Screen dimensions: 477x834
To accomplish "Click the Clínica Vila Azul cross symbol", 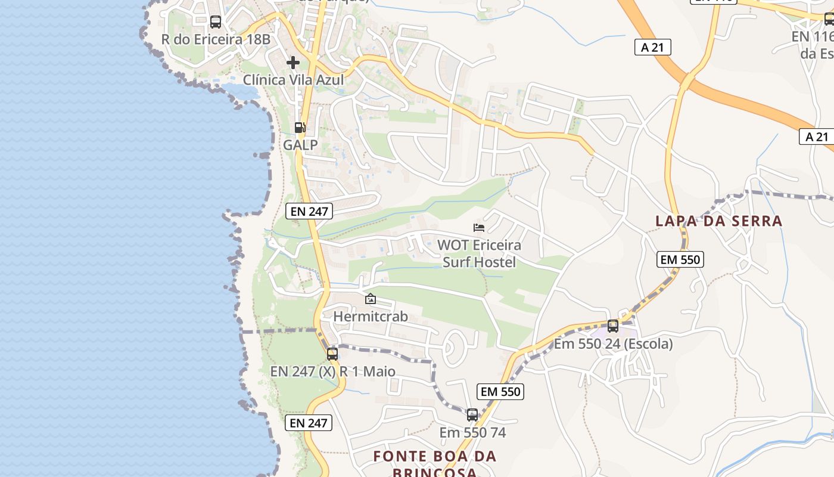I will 293,62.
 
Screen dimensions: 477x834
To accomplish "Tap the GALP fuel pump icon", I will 300,127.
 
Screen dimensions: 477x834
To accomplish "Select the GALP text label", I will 300,145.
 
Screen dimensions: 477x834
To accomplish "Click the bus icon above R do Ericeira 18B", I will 216,22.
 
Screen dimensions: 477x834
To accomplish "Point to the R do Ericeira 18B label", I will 216,40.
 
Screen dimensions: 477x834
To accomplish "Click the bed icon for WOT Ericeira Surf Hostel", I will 479,227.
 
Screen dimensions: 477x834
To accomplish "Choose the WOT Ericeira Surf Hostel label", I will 479,253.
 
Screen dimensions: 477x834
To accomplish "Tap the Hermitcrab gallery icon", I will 371,299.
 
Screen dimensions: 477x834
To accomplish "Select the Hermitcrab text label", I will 371,317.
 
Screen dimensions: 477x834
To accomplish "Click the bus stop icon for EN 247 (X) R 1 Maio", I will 332,354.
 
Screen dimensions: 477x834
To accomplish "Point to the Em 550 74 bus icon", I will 472,414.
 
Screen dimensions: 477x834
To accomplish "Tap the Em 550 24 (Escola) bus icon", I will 613,326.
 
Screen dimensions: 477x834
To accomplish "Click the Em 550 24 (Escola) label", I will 613,344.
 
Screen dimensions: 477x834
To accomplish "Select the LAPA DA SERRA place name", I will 719,221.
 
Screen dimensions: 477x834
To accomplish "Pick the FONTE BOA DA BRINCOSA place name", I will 435,464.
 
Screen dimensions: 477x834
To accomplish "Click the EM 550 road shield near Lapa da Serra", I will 680,259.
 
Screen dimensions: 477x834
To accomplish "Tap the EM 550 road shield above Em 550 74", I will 500,392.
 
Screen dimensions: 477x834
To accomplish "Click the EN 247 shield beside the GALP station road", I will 309,210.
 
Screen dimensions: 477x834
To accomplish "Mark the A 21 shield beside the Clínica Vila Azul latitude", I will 652,47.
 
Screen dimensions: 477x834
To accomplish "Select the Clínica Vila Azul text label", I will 293,80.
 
